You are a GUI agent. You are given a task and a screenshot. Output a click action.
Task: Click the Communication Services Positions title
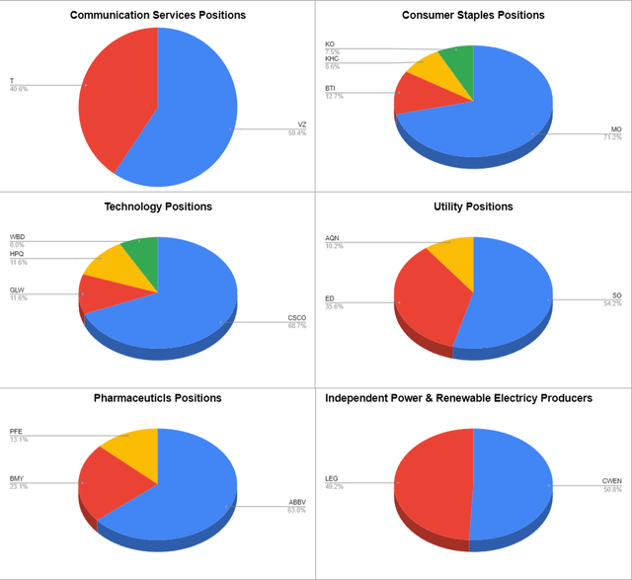click(158, 15)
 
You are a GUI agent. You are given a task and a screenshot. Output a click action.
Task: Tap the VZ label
click(302, 124)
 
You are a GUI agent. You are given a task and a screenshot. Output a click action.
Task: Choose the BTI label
click(331, 88)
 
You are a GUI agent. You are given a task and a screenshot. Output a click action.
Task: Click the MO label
click(615, 129)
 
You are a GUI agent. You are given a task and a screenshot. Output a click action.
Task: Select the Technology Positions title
click(158, 207)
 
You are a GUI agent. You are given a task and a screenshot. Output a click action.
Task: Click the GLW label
click(17, 290)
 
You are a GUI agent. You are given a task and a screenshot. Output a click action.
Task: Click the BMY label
click(17, 479)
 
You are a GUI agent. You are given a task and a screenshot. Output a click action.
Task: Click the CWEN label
click(612, 481)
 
